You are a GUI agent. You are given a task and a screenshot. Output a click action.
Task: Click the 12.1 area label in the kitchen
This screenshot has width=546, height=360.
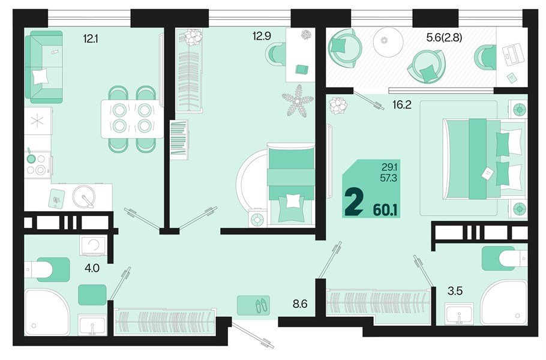pyautogui.click(x=90, y=38)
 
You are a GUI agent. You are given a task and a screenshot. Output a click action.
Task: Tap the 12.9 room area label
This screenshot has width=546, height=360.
pyautogui.click(x=262, y=36)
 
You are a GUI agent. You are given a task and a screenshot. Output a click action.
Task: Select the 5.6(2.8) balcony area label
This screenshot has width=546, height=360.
pyautogui.click(x=445, y=38)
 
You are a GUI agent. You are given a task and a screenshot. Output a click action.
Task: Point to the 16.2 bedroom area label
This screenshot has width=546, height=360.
pyautogui.click(x=402, y=105)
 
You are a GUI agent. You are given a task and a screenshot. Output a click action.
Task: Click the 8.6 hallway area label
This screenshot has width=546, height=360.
pyautogui.click(x=300, y=304)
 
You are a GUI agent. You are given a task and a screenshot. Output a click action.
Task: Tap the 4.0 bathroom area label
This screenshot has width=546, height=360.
pyautogui.click(x=92, y=268)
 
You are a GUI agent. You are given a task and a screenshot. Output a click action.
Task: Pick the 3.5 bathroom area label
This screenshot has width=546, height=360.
pyautogui.click(x=455, y=291)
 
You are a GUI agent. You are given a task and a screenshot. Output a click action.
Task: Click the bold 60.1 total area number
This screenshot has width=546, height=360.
pyautogui.click(x=385, y=210)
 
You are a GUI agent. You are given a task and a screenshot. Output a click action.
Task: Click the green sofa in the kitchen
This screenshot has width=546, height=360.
pyautogui.click(x=44, y=67)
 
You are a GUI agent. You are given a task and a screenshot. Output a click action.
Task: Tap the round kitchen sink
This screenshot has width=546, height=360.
pyautogui.click(x=83, y=196)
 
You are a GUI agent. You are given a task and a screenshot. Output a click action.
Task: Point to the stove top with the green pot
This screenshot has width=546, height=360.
pyautogui.click(x=37, y=164)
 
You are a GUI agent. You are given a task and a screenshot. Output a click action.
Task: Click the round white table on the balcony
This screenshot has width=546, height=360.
pyautogui.click(x=388, y=41)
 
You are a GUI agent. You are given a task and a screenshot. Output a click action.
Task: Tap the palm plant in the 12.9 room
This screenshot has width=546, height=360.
pyautogui.click(x=298, y=101)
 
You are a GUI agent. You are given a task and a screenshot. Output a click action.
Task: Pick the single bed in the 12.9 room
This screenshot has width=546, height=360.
pyautogui.click(x=291, y=184)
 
